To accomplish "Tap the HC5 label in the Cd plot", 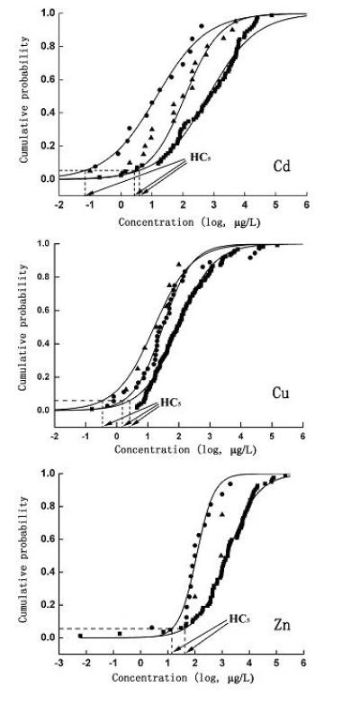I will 200,158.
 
